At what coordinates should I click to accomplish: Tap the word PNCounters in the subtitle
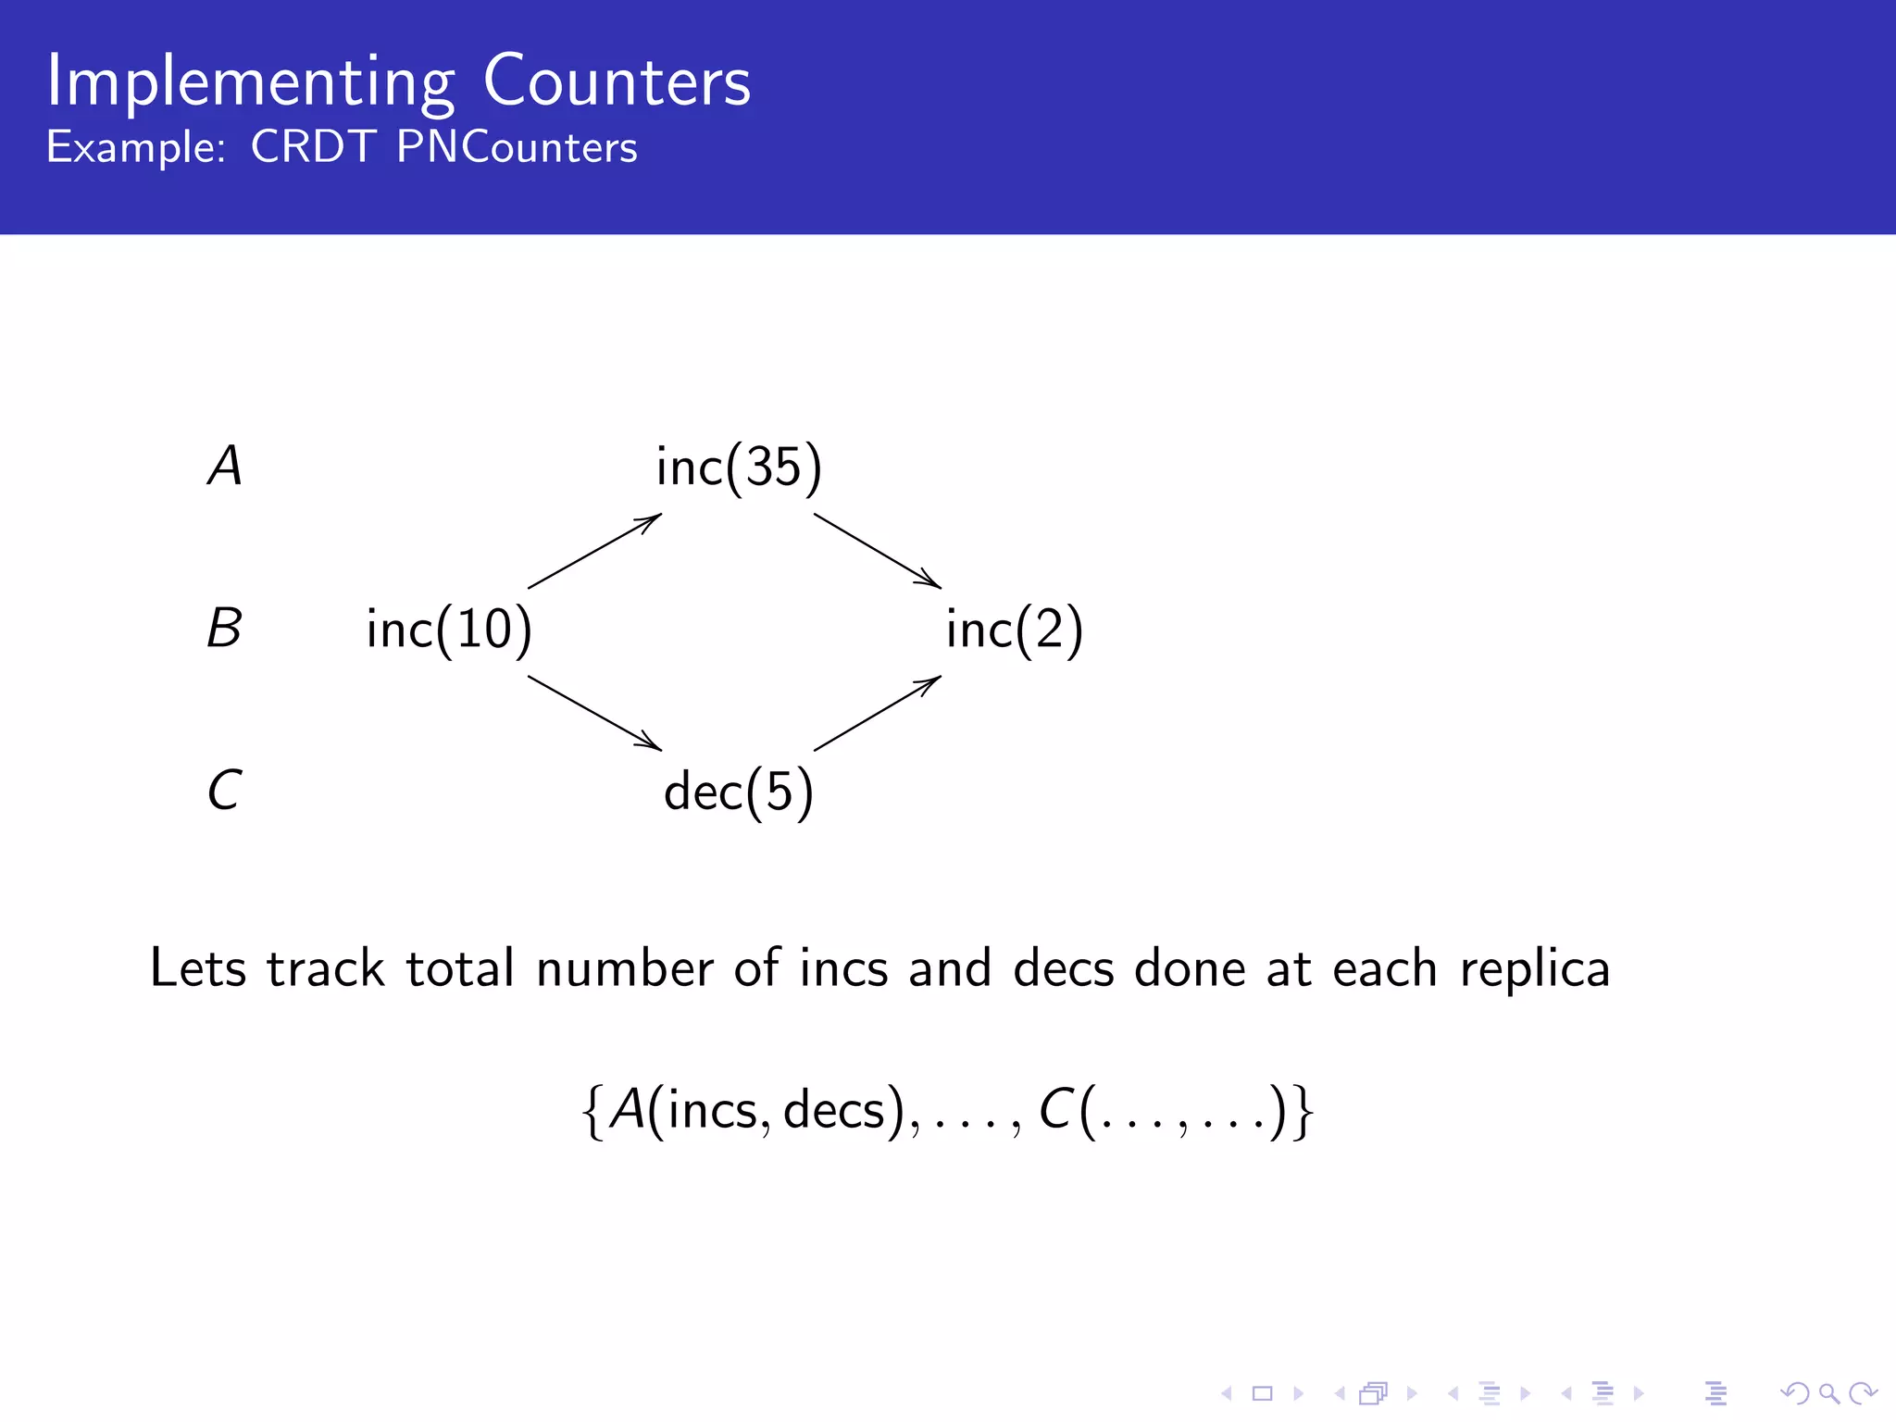[x=517, y=147]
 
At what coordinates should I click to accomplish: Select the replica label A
[x=225, y=466]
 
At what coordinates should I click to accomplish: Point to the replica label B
[x=224, y=629]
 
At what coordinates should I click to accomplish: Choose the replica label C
[x=225, y=791]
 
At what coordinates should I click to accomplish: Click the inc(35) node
[x=738, y=467]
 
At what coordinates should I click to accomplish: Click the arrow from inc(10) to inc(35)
[x=594, y=551]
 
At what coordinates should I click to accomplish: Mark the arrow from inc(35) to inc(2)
[x=878, y=551]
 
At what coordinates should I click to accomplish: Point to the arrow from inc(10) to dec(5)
[x=594, y=713]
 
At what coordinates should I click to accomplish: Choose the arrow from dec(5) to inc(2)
[x=878, y=713]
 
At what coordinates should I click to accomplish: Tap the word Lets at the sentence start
[x=198, y=968]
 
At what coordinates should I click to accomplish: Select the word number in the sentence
[x=625, y=968]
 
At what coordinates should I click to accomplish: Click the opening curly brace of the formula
[x=593, y=1111]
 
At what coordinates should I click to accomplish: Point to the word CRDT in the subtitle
[x=313, y=147]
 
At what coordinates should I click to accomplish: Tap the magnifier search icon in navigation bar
[x=1827, y=1392]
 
